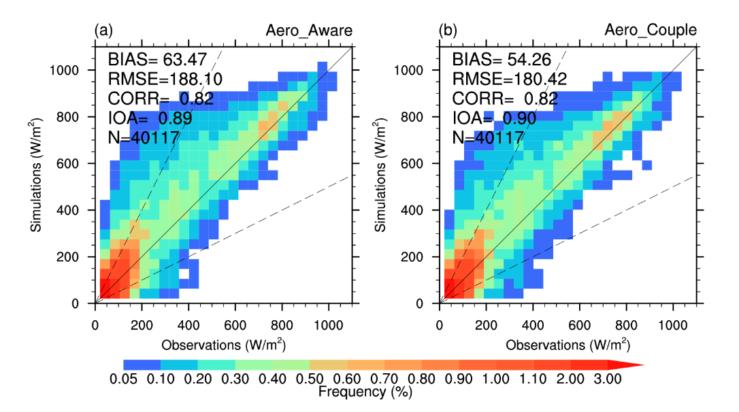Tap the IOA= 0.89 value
[150, 118]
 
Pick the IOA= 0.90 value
[495, 118]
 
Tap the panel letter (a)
[103, 30]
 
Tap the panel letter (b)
[448, 30]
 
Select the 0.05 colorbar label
[123, 379]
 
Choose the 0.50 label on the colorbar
[310, 379]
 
